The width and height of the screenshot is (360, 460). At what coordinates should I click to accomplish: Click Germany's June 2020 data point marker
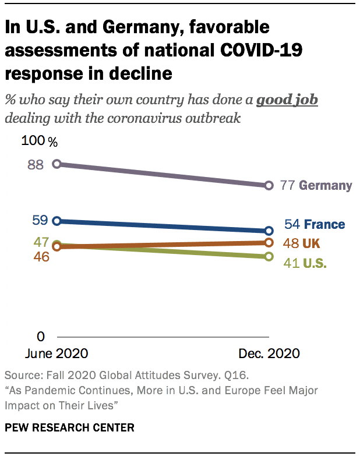pos(57,164)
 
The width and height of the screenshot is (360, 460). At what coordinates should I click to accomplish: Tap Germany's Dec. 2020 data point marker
pos(269,185)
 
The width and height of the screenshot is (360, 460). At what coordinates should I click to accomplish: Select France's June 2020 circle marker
pos(57,221)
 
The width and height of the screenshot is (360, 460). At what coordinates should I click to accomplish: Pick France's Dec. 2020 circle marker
pos(269,231)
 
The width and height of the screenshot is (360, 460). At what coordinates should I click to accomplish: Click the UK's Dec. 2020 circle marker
pos(269,242)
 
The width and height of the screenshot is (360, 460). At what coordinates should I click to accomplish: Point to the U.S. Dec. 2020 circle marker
pos(269,256)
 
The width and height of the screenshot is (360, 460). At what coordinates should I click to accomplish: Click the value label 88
pos(36,165)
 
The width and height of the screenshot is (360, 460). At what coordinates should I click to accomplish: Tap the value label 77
pos(287,186)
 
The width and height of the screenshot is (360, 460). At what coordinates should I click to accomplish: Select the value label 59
pos(40,220)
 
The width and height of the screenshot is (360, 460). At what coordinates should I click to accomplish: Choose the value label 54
pos(292,225)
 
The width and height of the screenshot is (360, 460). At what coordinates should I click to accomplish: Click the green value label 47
pos(41,241)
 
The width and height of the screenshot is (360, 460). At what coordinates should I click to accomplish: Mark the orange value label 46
pos(41,257)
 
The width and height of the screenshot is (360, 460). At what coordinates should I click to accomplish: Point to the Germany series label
pos(326,186)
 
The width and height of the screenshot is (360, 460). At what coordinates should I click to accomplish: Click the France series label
pos(324,225)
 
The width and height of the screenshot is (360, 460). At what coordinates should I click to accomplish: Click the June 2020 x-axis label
pos(57,353)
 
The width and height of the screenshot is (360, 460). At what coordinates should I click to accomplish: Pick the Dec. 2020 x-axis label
pos(269,353)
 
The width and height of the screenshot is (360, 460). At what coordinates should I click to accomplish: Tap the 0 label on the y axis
pos(41,337)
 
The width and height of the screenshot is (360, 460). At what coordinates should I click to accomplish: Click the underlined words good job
pos(288,100)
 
